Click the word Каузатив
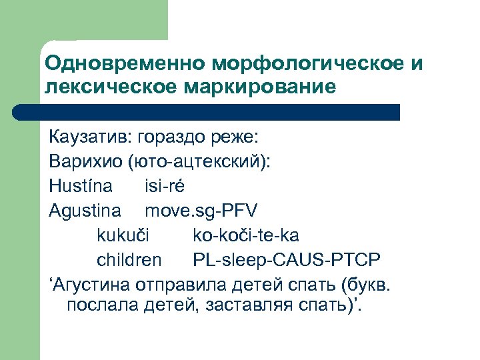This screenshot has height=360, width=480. click(x=90, y=137)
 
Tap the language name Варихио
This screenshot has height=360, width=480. click(x=87, y=161)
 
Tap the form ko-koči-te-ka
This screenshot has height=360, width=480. click(x=246, y=234)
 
